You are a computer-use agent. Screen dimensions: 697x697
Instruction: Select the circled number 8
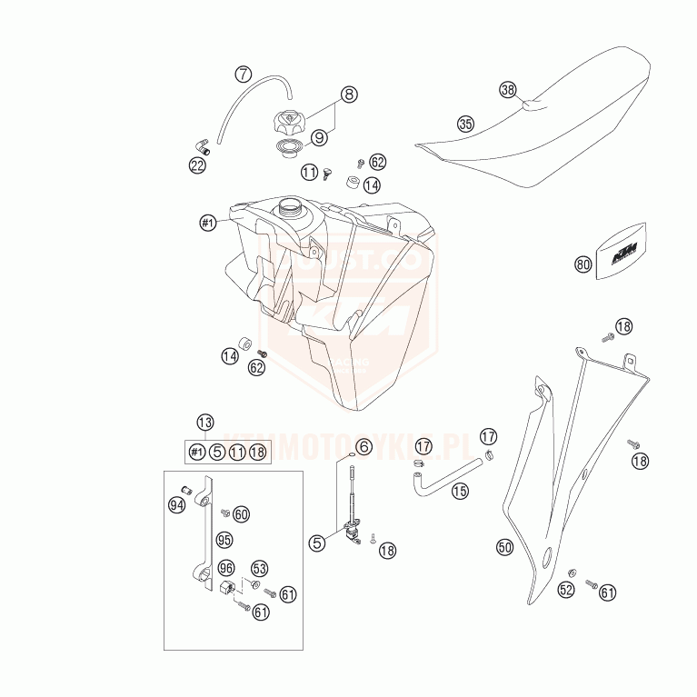pos(350,94)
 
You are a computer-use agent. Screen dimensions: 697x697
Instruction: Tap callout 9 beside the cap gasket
pos(319,137)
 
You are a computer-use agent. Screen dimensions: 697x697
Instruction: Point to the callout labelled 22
pos(197,164)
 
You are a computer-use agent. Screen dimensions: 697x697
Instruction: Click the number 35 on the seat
pos(465,124)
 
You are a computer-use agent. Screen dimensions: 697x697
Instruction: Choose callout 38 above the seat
pos(508,90)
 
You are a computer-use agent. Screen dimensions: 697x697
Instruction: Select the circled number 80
pos(582,264)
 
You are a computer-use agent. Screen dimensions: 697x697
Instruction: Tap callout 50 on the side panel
pos(504,546)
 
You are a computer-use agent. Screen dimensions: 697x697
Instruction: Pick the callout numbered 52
pos(566,590)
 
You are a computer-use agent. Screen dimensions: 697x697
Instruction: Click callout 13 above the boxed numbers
pos(205,422)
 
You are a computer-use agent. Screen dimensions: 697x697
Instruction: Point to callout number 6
pos(363,446)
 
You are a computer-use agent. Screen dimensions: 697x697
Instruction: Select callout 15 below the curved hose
pos(460,491)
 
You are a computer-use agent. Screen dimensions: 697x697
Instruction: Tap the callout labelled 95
pos(224,539)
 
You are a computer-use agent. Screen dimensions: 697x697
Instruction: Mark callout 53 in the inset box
pos(259,569)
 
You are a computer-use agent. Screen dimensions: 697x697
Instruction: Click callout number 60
pos(241,514)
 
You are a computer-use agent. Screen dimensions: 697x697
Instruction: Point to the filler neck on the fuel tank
pos(290,210)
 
